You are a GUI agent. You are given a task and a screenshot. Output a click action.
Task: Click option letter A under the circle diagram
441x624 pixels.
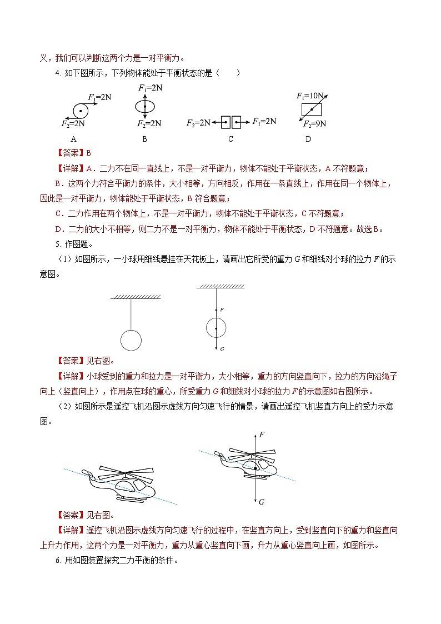[x=73, y=139]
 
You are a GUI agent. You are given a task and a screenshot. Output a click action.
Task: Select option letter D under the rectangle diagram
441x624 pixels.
[x=308, y=139]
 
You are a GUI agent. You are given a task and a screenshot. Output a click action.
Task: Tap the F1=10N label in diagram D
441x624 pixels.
[x=309, y=95]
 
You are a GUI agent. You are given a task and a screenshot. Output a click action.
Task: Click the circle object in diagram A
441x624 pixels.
[x=81, y=110]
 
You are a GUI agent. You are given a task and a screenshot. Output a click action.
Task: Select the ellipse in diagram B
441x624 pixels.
[x=144, y=106]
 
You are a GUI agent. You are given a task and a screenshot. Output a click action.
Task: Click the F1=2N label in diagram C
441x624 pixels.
[x=264, y=121]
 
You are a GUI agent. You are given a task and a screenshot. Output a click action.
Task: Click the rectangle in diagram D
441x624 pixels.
[x=312, y=109]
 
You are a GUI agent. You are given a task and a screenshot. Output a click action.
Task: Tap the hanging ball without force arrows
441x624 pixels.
[x=131, y=340]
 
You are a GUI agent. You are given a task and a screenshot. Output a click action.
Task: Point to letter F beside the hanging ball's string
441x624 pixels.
[x=222, y=309]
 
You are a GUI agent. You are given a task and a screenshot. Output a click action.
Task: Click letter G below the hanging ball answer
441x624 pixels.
[x=222, y=349]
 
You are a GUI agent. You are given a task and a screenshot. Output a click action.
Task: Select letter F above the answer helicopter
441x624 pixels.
[x=262, y=433]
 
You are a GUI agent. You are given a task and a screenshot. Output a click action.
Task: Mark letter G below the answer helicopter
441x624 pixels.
[x=261, y=502]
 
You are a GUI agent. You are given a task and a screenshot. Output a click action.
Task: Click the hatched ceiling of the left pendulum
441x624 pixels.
[x=136, y=296]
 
